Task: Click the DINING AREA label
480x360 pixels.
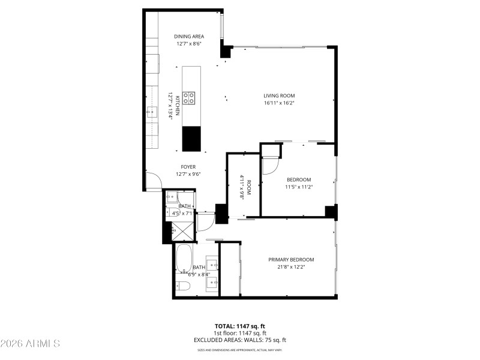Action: [x=189, y=36]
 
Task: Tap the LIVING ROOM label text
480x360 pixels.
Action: [x=279, y=95]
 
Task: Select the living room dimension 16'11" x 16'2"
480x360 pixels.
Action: [x=279, y=103]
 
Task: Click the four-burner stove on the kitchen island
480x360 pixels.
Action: [x=189, y=98]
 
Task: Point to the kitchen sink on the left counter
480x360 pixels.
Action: [x=151, y=111]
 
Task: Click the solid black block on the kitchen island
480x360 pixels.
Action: [x=191, y=139]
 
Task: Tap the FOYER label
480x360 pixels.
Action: [x=188, y=167]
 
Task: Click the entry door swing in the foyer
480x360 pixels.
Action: [x=154, y=181]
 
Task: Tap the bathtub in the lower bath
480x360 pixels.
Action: [x=184, y=258]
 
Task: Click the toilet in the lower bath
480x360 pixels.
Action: [x=184, y=287]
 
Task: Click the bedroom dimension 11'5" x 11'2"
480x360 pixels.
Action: [x=298, y=187]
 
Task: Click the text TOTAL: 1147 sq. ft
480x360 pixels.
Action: [x=240, y=326]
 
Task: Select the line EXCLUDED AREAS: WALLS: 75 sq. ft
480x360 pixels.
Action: [x=240, y=340]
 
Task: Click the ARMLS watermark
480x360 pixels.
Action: [x=30, y=344]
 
